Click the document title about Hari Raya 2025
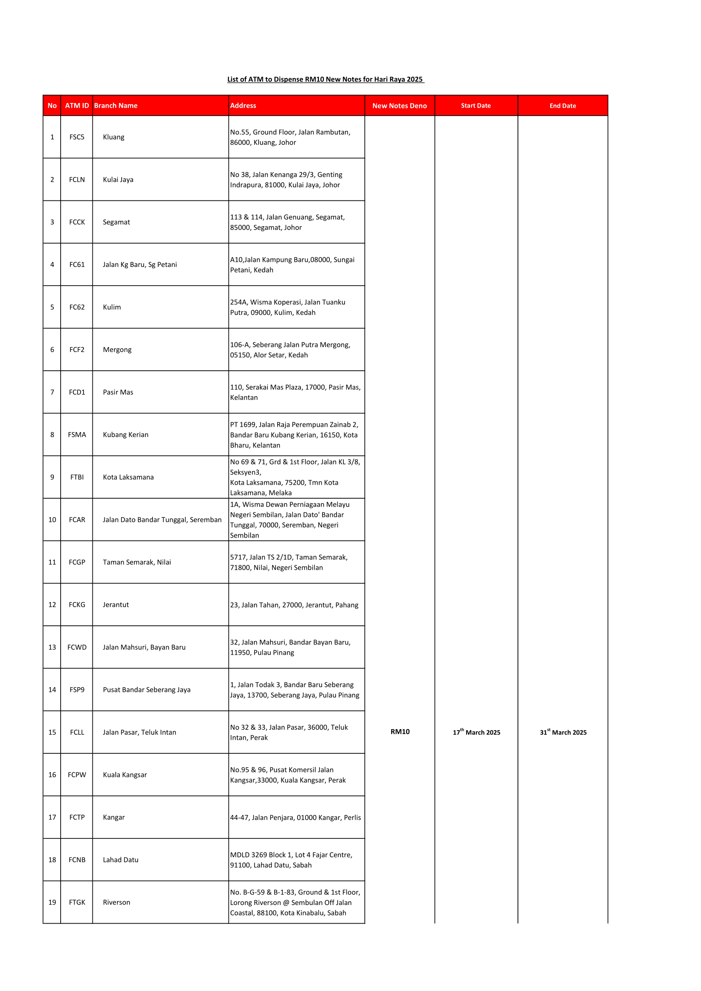[325, 79]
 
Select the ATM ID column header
[77, 106]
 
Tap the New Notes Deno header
[399, 106]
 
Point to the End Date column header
[562, 106]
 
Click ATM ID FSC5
[77, 137]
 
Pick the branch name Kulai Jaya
[118, 180]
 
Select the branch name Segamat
[116, 222]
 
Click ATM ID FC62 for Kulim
[77, 307]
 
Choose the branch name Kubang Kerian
[125, 435]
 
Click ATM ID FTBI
[77, 477]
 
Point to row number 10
[52, 520]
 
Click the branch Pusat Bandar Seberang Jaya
[146, 690]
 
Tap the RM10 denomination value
[400, 732]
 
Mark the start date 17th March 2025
[476, 732]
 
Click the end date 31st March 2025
[563, 732]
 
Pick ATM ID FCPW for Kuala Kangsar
[77, 775]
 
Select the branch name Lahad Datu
[120, 860]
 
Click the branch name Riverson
[116, 902]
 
